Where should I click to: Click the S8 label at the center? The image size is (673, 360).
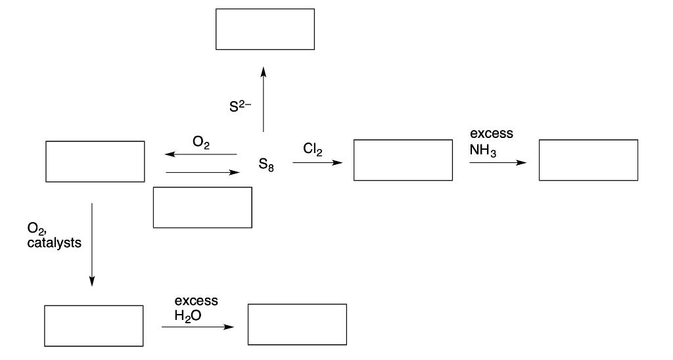266,166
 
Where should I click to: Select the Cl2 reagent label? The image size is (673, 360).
312,149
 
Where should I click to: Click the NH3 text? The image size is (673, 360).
483,150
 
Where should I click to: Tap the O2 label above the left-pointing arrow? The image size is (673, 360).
201,143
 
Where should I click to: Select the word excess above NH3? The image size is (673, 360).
491,134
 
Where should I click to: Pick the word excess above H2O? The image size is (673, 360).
196,301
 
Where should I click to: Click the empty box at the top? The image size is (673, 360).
265,29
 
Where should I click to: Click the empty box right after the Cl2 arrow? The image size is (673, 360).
402,160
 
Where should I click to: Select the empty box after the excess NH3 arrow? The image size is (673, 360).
588,160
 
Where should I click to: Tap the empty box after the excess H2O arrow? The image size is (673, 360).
297,325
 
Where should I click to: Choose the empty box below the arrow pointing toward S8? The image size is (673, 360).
202,208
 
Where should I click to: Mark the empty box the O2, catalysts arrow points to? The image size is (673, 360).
93,326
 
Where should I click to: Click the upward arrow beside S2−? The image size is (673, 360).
264,99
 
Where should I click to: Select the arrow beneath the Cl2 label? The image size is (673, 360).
317,162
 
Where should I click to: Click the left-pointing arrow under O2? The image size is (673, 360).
201,154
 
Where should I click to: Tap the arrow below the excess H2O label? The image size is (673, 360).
197,326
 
